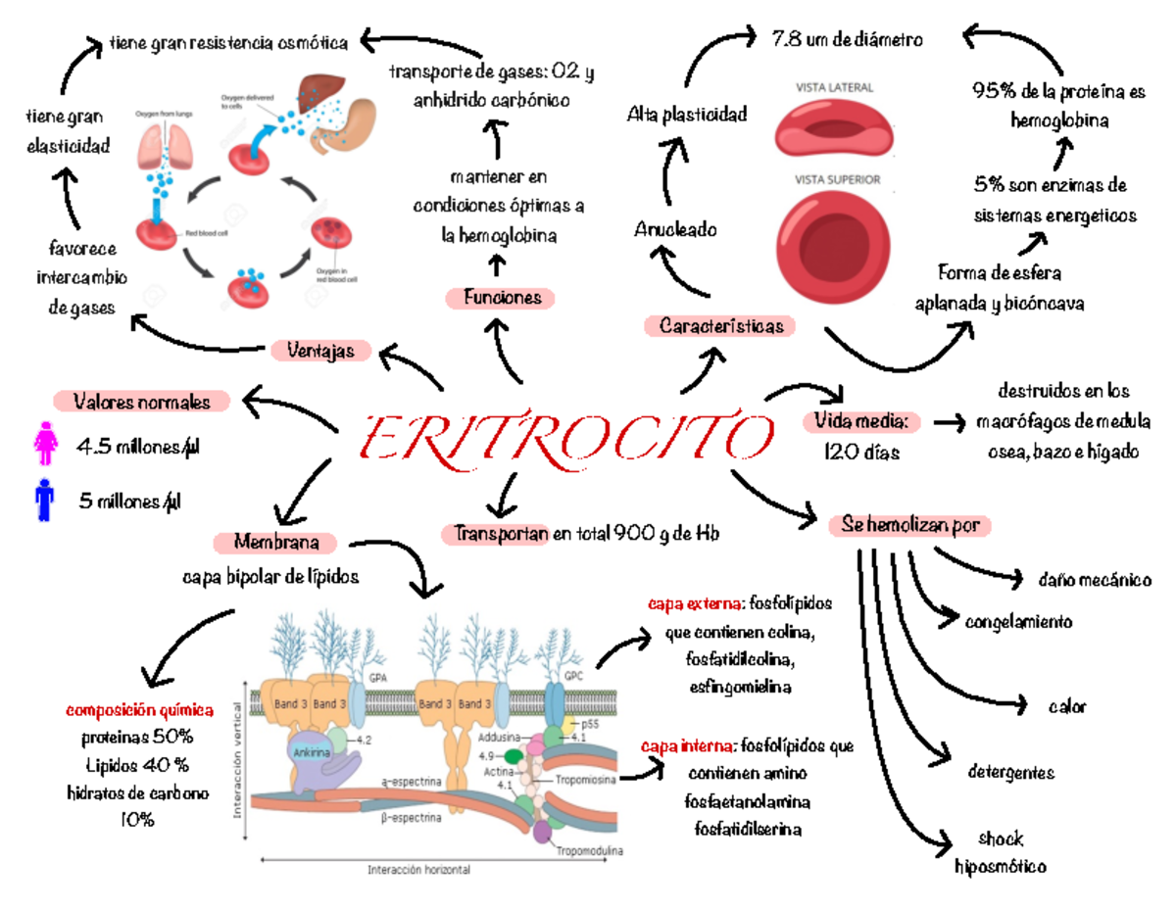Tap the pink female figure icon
(46, 444)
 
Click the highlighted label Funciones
(501, 298)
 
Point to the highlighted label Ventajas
(320, 350)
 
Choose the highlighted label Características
(720, 325)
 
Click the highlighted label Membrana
(275, 542)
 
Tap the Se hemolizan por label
(909, 526)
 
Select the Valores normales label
(142, 402)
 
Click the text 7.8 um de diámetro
(847, 41)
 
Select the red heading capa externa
(684, 604)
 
